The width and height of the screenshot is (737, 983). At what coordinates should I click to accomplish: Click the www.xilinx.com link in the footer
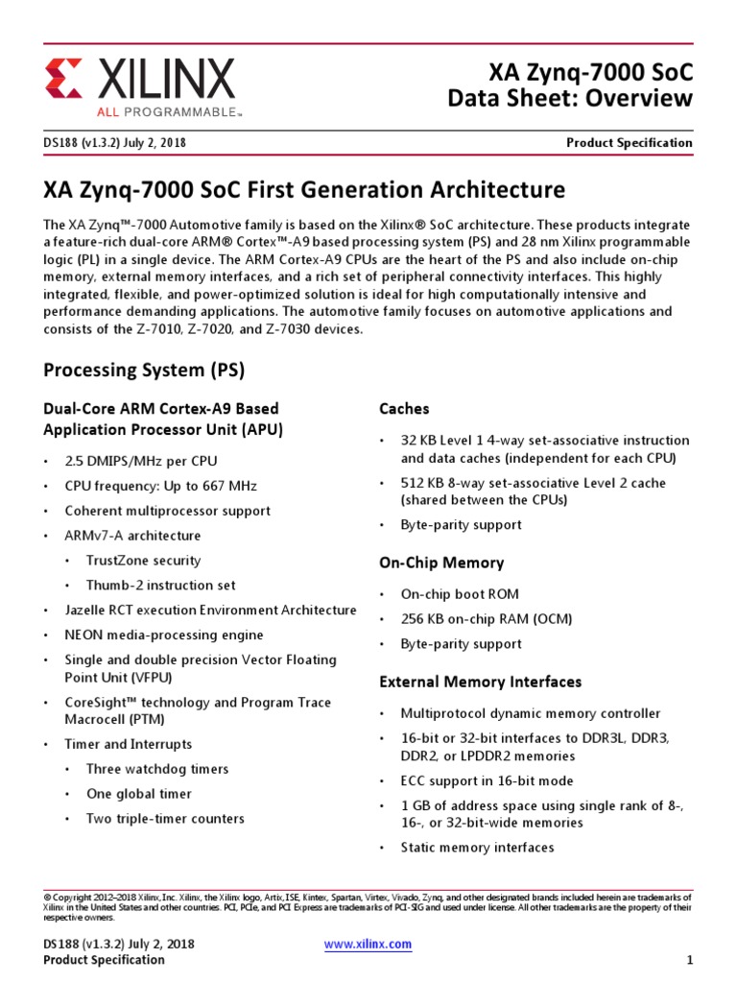368,944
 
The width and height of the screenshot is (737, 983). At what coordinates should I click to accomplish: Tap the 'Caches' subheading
404,409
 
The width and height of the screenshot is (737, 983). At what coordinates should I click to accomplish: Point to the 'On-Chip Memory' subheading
441,563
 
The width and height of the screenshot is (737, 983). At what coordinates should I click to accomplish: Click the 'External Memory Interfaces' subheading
481,682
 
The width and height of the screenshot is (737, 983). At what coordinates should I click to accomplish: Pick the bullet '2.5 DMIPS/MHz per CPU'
140,461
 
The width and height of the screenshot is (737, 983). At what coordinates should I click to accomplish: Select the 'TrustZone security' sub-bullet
143,561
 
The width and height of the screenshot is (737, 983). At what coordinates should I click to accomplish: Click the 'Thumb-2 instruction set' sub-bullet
160,586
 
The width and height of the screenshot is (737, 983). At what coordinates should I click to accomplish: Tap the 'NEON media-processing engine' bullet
160,635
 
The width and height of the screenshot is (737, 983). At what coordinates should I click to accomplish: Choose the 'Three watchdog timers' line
157,769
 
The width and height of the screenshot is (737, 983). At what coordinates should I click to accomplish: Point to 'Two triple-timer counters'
165,819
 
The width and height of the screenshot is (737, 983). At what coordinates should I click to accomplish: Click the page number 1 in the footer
689,960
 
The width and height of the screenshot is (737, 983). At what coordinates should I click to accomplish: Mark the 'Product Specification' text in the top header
629,143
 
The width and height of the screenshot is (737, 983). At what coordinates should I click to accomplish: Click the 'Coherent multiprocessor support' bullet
167,511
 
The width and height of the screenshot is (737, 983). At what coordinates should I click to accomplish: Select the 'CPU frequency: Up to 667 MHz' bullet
160,486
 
